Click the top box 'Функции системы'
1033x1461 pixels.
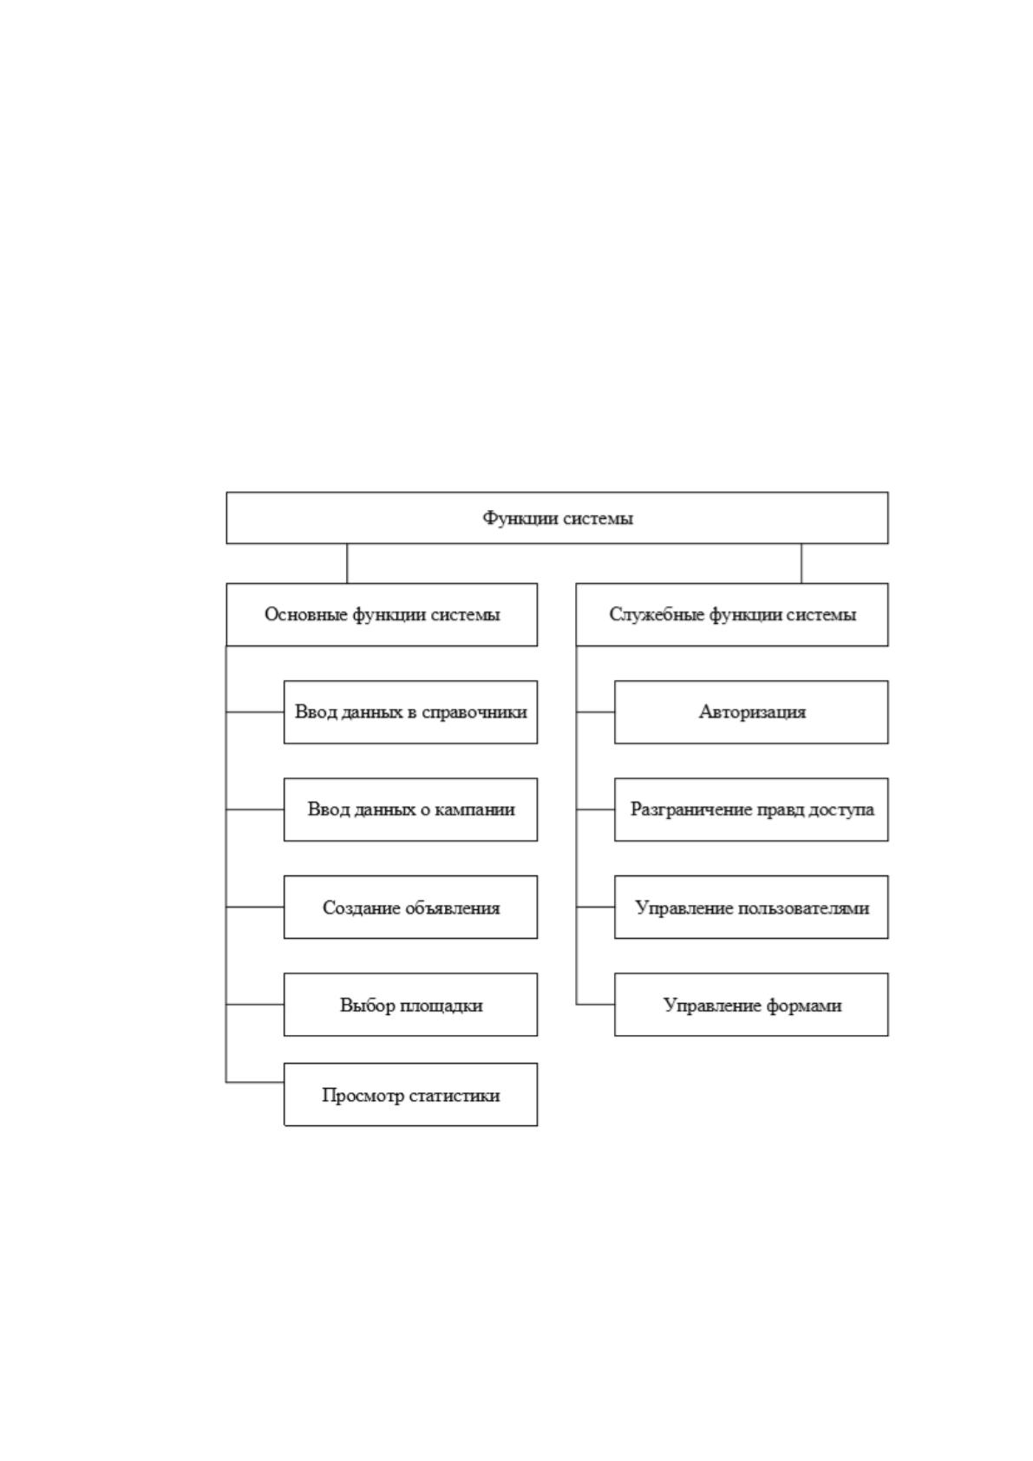coord(557,518)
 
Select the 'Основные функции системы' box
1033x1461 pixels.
coord(382,614)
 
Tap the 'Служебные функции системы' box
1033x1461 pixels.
coord(732,614)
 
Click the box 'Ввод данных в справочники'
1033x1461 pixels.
coord(411,712)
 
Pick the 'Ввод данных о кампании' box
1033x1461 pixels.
coord(411,809)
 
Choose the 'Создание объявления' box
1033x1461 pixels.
coord(411,907)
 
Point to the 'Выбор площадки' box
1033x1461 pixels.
coord(411,1005)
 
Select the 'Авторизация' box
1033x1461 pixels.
coord(751,712)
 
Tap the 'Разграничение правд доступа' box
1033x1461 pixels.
coord(751,809)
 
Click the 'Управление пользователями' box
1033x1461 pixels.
coord(751,907)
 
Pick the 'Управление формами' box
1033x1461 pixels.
coord(751,1005)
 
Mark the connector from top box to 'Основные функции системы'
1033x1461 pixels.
coord(347,564)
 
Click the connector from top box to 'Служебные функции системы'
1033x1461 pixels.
coord(801,564)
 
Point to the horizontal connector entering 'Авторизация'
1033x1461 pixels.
coord(595,712)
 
